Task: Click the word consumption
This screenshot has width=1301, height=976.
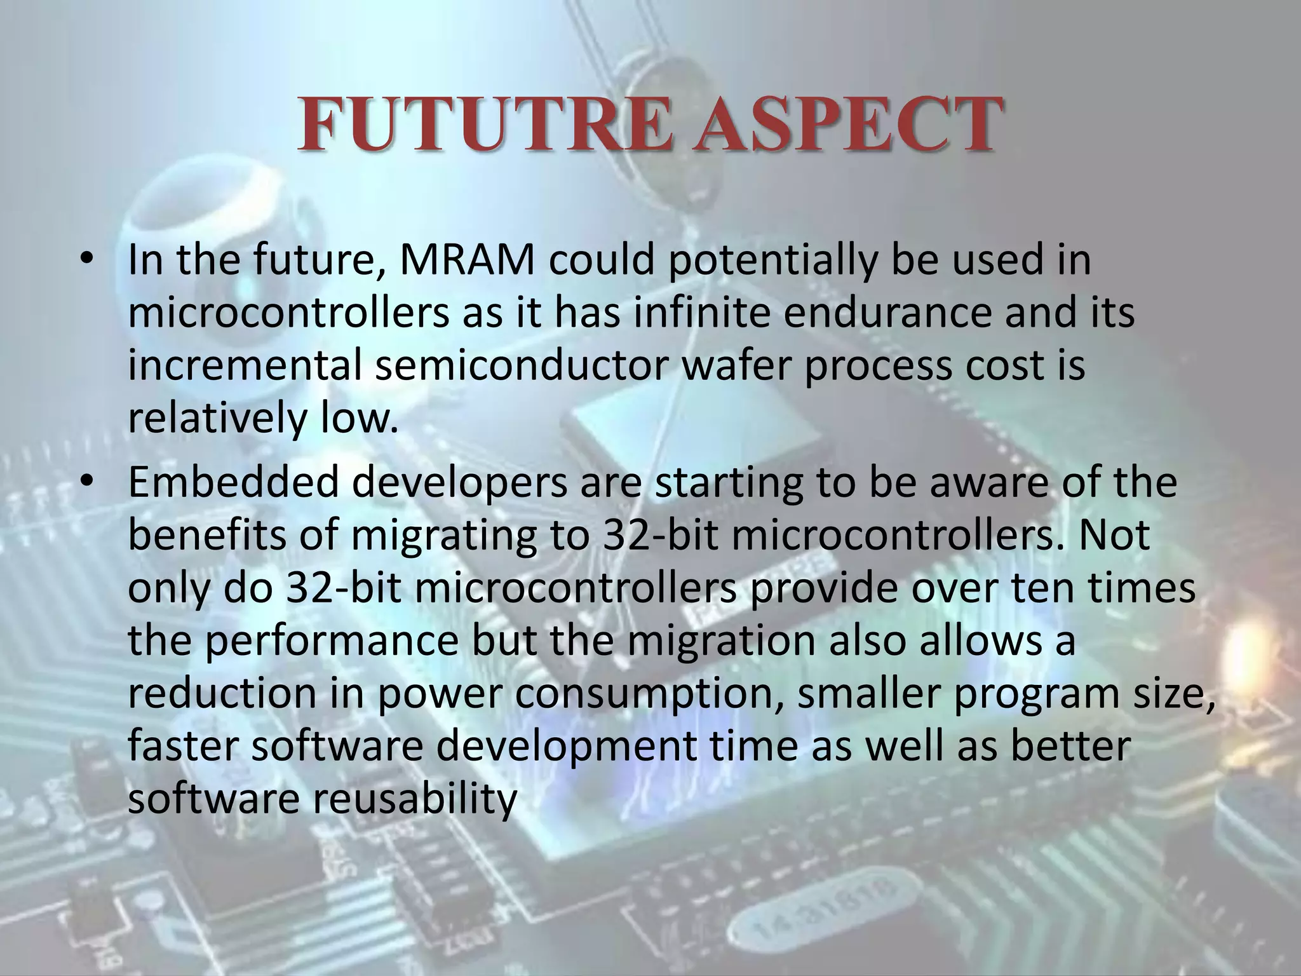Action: click(647, 695)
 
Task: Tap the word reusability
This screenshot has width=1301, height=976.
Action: click(414, 801)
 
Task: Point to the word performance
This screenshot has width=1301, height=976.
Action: click(332, 642)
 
